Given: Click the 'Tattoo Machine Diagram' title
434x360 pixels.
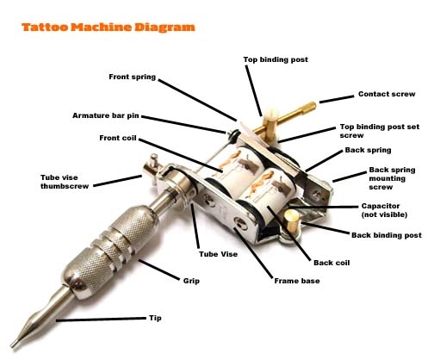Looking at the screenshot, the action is tap(108, 28).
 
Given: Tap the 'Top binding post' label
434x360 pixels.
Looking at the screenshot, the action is tap(276, 59).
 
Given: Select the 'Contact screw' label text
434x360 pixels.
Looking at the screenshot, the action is tap(387, 94).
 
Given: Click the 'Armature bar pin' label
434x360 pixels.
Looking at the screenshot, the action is tap(106, 115).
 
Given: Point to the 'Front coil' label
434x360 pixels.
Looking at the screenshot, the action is tap(118, 138).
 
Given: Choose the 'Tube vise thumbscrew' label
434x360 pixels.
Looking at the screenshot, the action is tap(65, 182).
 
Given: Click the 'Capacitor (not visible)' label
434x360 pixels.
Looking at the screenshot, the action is tap(384, 210).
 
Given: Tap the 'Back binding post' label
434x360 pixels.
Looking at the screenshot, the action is tap(387, 235).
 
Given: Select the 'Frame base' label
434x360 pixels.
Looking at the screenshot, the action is tap(297, 281).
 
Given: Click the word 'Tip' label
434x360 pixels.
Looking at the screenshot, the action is tap(155, 318).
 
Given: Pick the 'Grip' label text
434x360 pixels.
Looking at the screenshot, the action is tap(191, 281).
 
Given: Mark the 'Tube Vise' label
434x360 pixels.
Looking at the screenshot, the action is tap(218, 254).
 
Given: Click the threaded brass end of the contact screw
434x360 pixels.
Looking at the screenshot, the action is tap(310, 107).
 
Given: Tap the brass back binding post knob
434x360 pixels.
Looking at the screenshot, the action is tap(291, 220).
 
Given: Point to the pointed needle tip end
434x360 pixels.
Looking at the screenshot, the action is tap(13, 345).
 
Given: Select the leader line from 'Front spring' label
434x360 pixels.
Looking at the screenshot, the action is tap(197, 100).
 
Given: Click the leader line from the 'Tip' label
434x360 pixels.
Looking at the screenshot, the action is tap(101, 320).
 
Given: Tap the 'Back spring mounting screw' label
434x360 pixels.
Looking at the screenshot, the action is tap(392, 178).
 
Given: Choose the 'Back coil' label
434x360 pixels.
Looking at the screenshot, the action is tap(332, 263).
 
